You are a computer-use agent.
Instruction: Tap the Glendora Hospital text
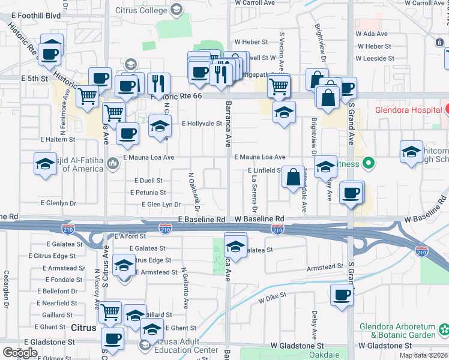pos(408,110)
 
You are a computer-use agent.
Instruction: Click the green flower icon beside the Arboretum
pos(444,329)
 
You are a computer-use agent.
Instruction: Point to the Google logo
pos(20,353)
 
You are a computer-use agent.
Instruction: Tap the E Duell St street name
pos(149,180)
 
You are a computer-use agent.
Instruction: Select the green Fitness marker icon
pos(370,163)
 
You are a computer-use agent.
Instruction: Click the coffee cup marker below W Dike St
pos(342,295)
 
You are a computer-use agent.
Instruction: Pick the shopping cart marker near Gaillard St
pos(110,311)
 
